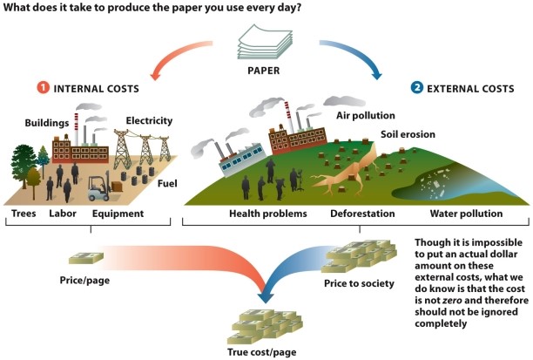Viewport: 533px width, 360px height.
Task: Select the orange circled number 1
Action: (42, 88)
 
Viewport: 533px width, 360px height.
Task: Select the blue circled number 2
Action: (416, 88)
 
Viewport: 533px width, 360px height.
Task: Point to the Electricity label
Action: (149, 120)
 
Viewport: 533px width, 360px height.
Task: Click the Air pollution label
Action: (365, 115)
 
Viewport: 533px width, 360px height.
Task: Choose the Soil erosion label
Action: (408, 135)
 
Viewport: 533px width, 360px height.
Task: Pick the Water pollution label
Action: (467, 213)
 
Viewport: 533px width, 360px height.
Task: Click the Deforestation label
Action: (362, 213)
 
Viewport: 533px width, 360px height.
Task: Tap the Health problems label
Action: (267, 213)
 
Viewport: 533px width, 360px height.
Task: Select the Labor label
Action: (64, 213)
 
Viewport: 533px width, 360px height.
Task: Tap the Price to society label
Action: (359, 283)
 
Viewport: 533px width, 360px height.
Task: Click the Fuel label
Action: (167, 183)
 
